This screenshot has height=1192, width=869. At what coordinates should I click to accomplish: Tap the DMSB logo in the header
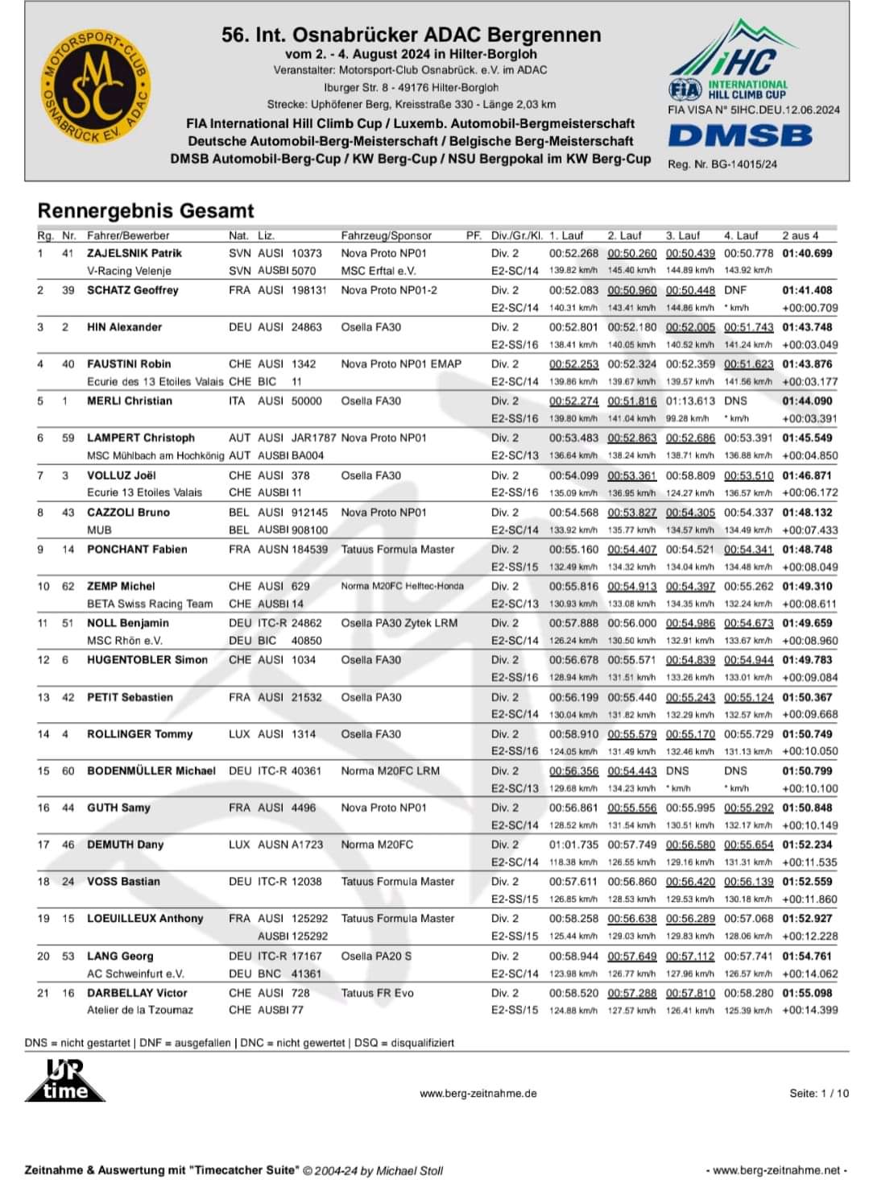pyautogui.click(x=740, y=135)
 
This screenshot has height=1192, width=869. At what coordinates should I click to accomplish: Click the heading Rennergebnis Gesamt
pyautogui.click(x=146, y=211)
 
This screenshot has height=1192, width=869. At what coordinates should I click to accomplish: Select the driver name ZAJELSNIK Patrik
pyautogui.click(x=134, y=253)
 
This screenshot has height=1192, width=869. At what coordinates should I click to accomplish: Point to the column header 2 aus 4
pyautogui.click(x=800, y=235)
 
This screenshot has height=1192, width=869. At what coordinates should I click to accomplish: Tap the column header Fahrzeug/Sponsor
pyautogui.click(x=387, y=235)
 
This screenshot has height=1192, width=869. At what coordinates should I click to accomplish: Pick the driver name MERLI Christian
pyautogui.click(x=130, y=401)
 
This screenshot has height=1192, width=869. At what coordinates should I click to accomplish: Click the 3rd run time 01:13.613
pyautogui.click(x=690, y=401)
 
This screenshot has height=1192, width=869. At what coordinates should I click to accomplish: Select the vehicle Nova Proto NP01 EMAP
pyautogui.click(x=401, y=363)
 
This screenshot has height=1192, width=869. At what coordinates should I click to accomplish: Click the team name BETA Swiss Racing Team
pyautogui.click(x=150, y=604)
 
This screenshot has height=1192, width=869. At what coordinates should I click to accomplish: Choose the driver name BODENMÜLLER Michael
pyautogui.click(x=151, y=770)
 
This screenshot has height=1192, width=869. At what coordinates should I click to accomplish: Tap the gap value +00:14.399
pyautogui.click(x=809, y=1010)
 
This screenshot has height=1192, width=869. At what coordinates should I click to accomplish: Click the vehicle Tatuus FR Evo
pyautogui.click(x=377, y=993)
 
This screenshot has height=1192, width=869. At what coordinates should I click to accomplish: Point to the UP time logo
pyautogui.click(x=65, y=1080)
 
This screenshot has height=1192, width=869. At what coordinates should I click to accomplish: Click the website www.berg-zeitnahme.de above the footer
pyautogui.click(x=478, y=1094)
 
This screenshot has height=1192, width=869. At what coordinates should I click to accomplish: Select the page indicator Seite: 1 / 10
pyautogui.click(x=818, y=1094)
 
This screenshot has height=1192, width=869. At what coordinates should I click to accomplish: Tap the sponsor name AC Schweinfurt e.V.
pyautogui.click(x=135, y=974)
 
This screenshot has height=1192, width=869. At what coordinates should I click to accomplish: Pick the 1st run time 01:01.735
pyautogui.click(x=573, y=845)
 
